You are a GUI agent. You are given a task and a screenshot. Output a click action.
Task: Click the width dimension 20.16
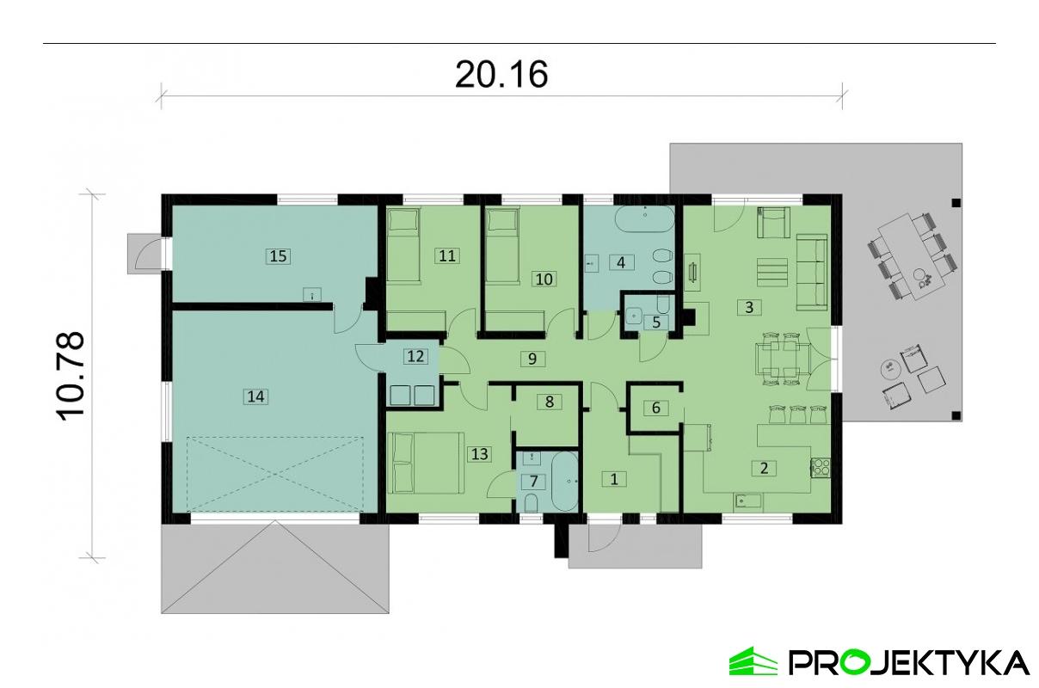coord(501,75)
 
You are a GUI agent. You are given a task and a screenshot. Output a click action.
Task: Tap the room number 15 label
coord(277,255)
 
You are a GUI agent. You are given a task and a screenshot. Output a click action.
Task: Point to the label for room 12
coord(415,356)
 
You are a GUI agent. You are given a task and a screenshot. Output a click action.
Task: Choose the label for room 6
coord(655,408)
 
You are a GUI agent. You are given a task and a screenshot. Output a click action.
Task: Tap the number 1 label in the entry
coord(614,479)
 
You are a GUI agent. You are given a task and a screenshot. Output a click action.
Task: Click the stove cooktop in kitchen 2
coord(820,469)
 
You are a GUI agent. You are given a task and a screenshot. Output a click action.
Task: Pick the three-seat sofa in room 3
coord(810,273)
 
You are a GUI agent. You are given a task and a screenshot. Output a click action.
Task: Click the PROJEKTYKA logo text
coord(908,662)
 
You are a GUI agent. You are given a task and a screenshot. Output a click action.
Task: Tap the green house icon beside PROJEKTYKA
coord(753,661)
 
